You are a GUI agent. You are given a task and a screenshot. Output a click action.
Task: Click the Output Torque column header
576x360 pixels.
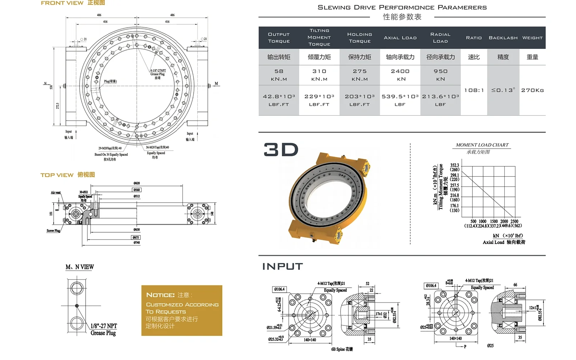(279, 38)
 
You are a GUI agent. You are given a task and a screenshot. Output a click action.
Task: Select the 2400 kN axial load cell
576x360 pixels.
(400, 75)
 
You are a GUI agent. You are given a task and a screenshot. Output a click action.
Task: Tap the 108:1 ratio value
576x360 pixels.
(474, 90)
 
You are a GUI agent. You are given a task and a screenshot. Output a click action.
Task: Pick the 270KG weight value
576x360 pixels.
(532, 90)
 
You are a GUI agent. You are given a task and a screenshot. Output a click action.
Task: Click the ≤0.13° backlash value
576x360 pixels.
(503, 90)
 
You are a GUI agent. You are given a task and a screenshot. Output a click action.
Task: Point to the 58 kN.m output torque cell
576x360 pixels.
(279, 75)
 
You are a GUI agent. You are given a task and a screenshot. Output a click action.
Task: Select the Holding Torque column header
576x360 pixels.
(359, 38)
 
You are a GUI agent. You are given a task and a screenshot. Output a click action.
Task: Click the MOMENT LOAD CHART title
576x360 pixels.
(482, 145)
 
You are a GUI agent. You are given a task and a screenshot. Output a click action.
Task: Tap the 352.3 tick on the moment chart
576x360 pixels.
(454, 166)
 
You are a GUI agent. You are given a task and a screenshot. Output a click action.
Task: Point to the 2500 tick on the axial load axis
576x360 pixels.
(514, 221)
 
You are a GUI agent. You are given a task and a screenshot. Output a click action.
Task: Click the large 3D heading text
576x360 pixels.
(281, 150)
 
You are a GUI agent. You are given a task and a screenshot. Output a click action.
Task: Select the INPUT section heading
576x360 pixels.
(283, 266)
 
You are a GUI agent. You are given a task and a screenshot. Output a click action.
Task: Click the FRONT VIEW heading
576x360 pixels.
(62, 3)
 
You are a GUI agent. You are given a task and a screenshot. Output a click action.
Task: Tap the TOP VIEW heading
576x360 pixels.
(57, 175)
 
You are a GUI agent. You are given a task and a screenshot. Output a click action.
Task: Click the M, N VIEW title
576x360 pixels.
(80, 267)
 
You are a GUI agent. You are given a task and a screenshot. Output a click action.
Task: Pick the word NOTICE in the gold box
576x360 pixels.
(160, 295)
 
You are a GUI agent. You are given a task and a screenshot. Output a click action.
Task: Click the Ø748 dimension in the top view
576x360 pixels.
(136, 243)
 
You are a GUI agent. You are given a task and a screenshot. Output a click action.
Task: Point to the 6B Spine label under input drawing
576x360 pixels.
(342, 349)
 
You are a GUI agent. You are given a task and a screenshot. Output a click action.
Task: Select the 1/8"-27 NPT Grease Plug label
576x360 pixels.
(104, 329)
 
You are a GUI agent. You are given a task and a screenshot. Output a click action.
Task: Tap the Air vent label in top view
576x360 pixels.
(56, 193)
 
